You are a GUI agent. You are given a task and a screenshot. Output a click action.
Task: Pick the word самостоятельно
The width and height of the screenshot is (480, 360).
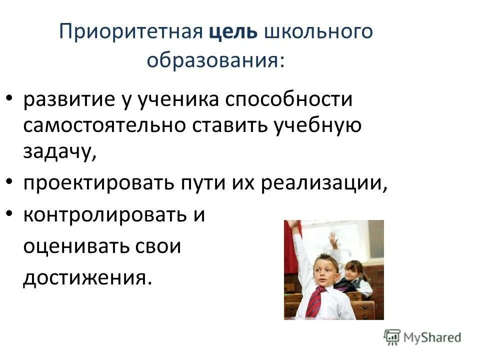pyautogui.click(x=103, y=125)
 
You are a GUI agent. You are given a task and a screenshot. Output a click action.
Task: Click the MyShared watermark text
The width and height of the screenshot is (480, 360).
pyautogui.click(x=432, y=337)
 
